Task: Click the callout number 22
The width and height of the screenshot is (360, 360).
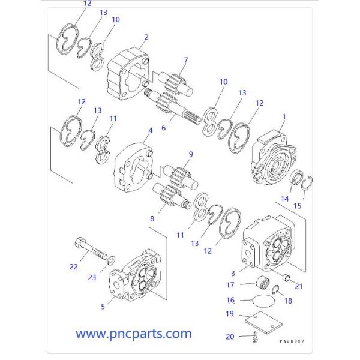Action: pos(73,266)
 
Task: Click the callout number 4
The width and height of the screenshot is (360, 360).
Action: pos(150,130)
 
